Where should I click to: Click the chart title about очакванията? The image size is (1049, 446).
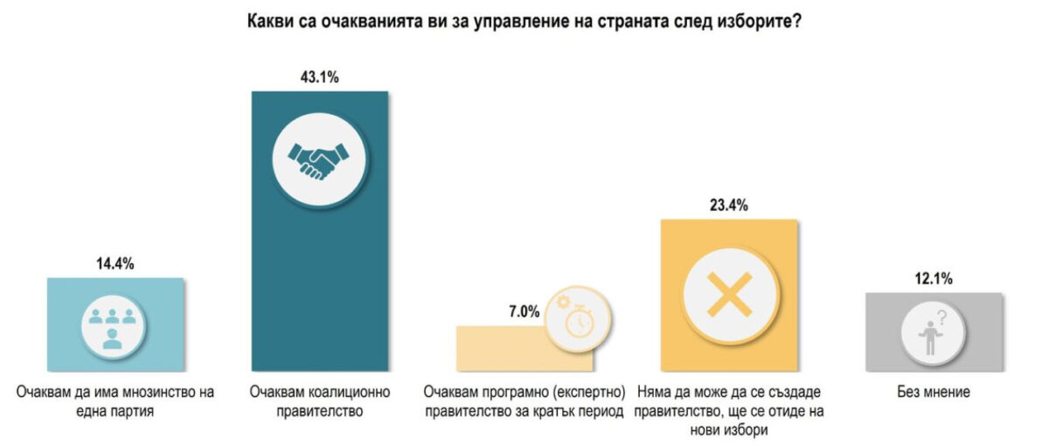523,20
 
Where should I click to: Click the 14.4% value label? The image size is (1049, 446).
115,264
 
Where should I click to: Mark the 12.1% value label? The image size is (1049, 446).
932,280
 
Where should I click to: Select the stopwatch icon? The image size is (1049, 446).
577,323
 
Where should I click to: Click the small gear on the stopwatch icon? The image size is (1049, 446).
562,302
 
